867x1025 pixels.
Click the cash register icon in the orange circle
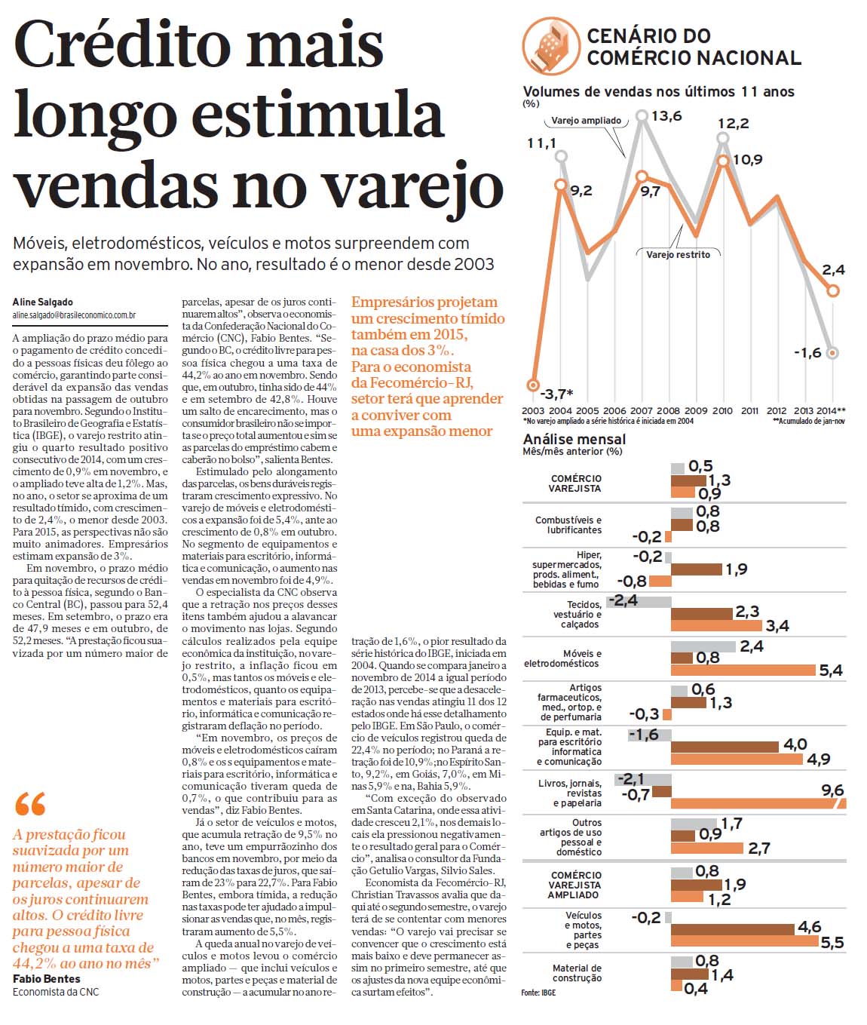pyautogui.click(x=551, y=45)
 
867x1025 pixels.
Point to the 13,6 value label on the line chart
pyautogui.click(x=666, y=116)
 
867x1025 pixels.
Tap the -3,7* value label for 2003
pyautogui.click(x=556, y=394)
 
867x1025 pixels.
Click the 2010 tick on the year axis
pyautogui.click(x=722, y=410)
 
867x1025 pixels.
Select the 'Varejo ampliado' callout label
pyautogui.click(x=586, y=121)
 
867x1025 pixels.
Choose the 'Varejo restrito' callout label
pyautogui.click(x=678, y=254)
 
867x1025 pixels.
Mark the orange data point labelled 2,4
pyautogui.click(x=833, y=290)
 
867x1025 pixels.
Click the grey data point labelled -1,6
pyautogui.click(x=833, y=353)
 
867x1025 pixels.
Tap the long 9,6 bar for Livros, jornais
pyautogui.click(x=758, y=803)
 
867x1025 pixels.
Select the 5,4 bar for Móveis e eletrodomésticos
pyautogui.click(x=743, y=670)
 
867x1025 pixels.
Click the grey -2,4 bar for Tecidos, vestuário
pyautogui.click(x=639, y=602)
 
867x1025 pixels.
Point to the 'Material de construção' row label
pyautogui.click(x=577, y=973)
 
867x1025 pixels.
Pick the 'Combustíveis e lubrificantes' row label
pyautogui.click(x=568, y=525)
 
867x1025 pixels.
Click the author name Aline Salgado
pyautogui.click(x=43, y=302)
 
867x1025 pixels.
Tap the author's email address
pyautogui.click(x=75, y=315)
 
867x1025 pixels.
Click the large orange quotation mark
pyautogui.click(x=30, y=803)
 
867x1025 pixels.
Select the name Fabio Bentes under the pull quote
pyautogui.click(x=47, y=978)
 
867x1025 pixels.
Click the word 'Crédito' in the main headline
pyautogui.click(x=123, y=46)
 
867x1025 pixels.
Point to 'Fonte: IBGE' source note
pyautogui.click(x=538, y=993)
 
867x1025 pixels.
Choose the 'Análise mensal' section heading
pyautogui.click(x=574, y=440)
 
